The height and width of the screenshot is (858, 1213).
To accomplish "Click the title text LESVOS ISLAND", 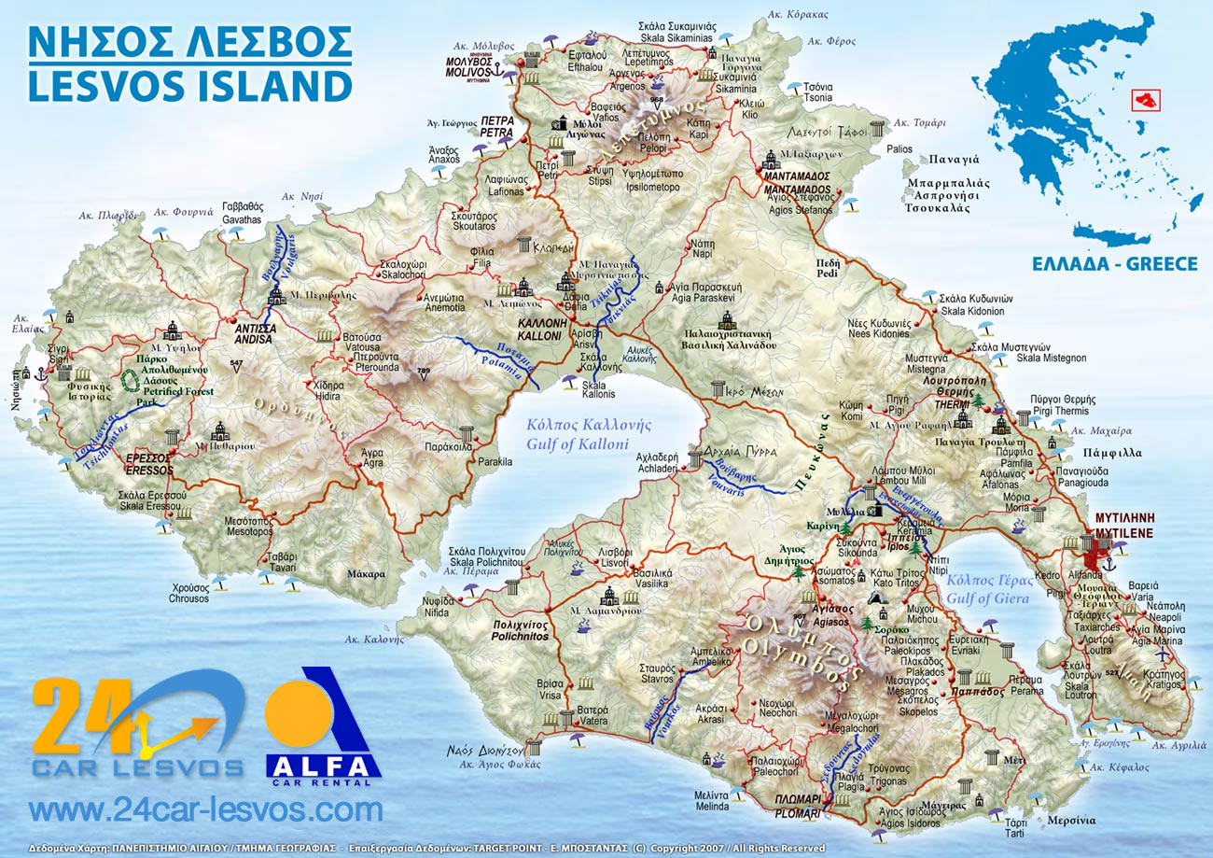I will click(189, 85).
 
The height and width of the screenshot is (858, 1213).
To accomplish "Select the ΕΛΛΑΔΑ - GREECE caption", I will click(1114, 264).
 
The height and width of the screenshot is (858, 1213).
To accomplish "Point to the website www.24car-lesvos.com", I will click(205, 809).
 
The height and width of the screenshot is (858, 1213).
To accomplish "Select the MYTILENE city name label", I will click(1123, 533).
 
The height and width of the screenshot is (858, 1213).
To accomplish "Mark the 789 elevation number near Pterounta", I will click(425, 372).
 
